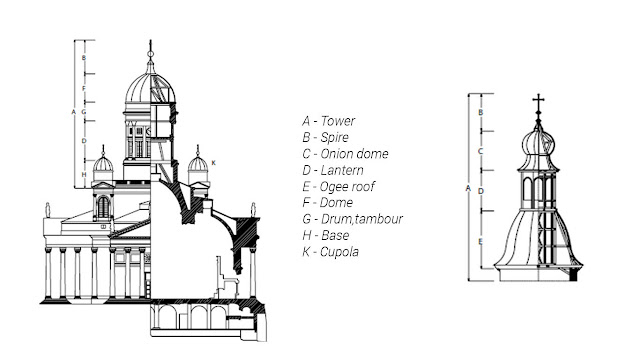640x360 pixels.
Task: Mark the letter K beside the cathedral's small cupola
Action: [x=213, y=161]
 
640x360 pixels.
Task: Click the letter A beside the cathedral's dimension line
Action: [x=73, y=112]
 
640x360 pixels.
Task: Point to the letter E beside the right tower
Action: [x=481, y=242]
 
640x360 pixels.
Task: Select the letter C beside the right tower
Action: [x=481, y=151]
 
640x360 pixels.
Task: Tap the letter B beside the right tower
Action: [x=481, y=113]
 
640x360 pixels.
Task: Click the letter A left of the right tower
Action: [x=468, y=187]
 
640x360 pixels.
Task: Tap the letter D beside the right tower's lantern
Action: [x=481, y=190]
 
